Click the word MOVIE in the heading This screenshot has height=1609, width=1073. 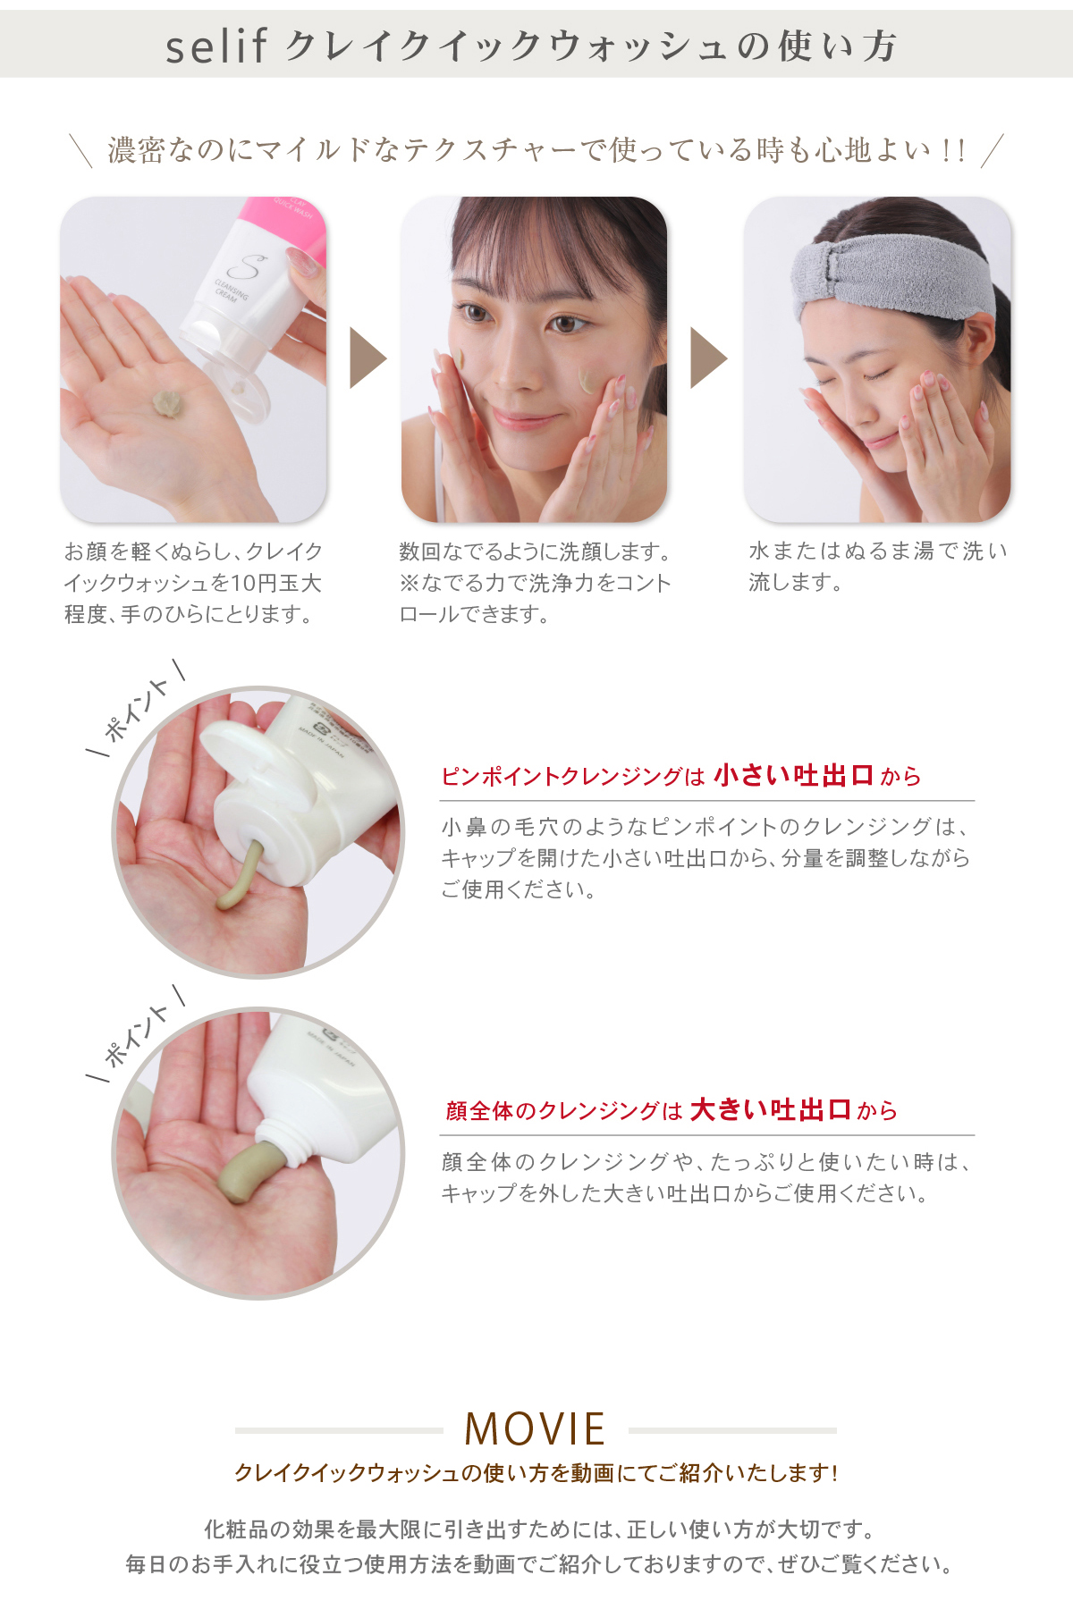point(535,1428)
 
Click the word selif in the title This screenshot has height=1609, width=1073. point(216,46)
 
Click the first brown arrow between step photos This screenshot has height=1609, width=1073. point(367,358)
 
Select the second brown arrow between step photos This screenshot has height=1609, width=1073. point(708,358)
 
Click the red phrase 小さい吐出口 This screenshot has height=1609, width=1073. point(793,775)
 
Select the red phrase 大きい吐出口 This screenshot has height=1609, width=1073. point(770,1109)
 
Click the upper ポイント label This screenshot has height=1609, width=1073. point(137,710)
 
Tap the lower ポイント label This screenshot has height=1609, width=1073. point(137,1034)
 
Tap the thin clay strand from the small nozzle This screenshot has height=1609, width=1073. point(240,876)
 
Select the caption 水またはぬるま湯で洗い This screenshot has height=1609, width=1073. point(878,551)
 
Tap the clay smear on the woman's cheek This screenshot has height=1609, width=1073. point(588,382)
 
